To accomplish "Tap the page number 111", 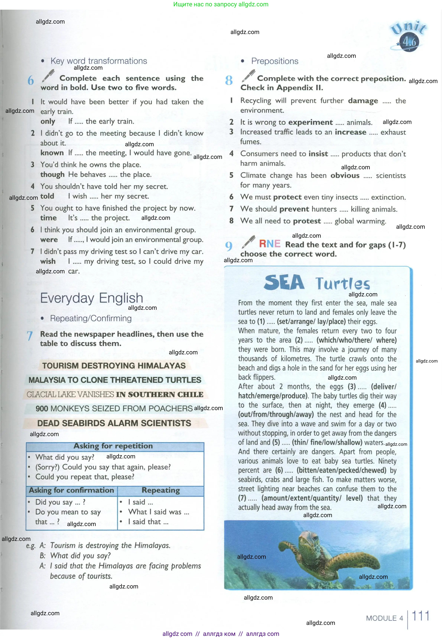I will click(x=420, y=616).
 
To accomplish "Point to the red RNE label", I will click(x=269, y=244).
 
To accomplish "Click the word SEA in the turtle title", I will click(x=284, y=283).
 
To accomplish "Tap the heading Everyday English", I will click(x=92, y=298).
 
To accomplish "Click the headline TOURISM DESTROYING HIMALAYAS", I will click(x=114, y=365).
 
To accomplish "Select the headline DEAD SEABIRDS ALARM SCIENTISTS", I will click(x=114, y=423).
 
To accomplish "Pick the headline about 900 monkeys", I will click(x=114, y=408).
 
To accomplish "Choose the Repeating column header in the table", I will click(x=161, y=490).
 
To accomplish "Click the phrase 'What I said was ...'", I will click(x=158, y=512).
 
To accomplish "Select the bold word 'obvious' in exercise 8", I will click(x=345, y=175).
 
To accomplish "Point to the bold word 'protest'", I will click(x=307, y=221).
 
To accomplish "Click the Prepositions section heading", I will click(x=274, y=61).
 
